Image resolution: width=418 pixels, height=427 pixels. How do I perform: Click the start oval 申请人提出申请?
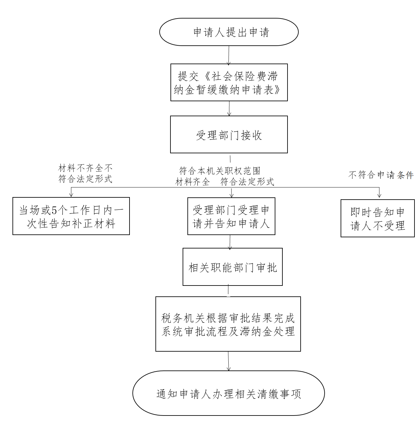pos(229,32)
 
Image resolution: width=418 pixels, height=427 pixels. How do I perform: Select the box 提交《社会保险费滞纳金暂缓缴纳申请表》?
pos(229,82)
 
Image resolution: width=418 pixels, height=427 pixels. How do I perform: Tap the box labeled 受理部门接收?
pos(229,134)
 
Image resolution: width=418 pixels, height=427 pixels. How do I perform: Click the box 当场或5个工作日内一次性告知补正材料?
pos(71,216)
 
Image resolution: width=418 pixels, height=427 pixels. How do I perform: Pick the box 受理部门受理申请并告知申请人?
pos(231,216)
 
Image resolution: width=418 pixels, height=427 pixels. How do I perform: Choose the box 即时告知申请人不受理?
pos(378,218)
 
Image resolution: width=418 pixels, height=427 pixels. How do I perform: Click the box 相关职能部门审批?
pos(233,267)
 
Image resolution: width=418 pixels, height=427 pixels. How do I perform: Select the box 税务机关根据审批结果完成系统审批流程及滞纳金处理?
pos(228,324)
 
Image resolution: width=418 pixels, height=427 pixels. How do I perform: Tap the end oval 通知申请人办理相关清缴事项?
pos(229,393)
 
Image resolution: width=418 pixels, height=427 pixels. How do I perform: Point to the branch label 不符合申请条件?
pos(381,175)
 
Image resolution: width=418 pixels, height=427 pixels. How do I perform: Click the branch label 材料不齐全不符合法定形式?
pos(85,173)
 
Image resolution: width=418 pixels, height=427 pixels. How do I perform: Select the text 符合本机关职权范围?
pos(220,171)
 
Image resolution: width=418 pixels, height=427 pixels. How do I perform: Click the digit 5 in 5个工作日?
pos(54,210)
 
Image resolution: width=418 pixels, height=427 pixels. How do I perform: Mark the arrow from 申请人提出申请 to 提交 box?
pos(229,55)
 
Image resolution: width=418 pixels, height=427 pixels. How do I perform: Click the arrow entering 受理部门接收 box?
pos(229,108)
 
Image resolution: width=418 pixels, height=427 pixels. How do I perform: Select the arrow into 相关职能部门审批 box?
pos(230,242)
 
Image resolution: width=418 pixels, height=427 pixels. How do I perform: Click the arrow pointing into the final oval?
pos(228,361)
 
